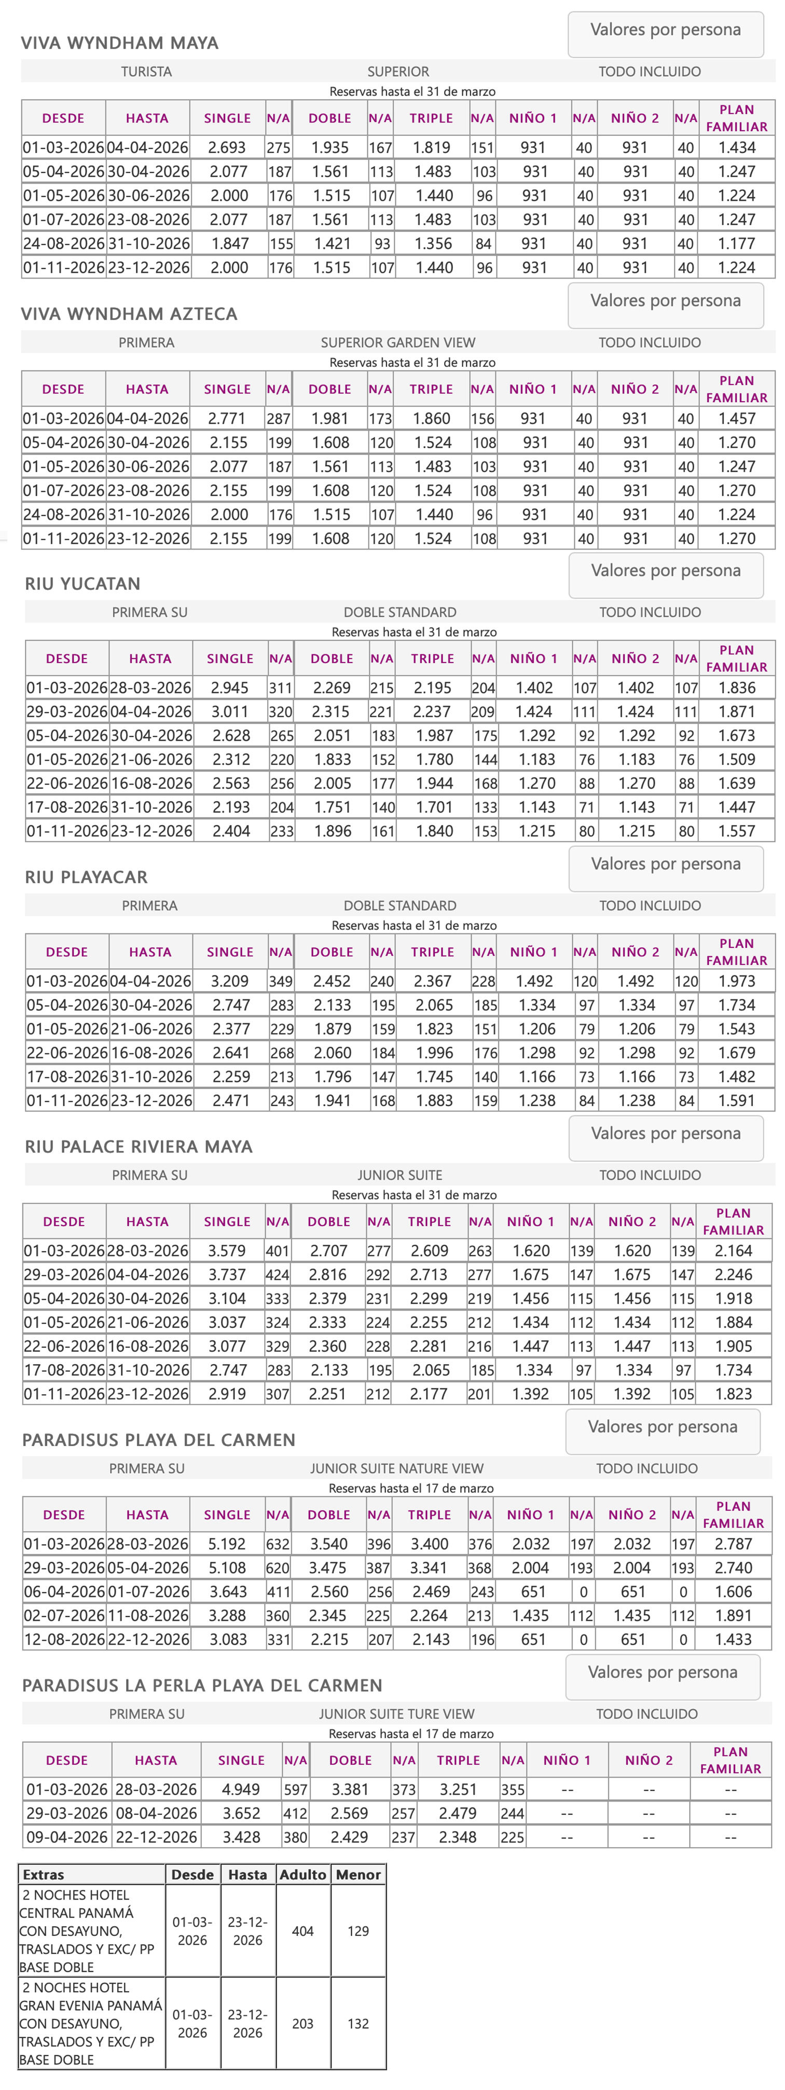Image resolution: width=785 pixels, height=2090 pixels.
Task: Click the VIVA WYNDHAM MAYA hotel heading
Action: (x=119, y=43)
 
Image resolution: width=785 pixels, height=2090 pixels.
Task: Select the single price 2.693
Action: (x=227, y=148)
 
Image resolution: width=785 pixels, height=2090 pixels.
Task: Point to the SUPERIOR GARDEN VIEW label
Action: (x=397, y=342)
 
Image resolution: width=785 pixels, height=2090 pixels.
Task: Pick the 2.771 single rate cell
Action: (x=227, y=419)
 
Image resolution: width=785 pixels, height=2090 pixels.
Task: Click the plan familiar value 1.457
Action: (x=736, y=419)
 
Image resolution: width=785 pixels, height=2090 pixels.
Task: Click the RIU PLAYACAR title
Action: (x=86, y=877)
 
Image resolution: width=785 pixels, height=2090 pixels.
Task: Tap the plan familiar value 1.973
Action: (x=736, y=981)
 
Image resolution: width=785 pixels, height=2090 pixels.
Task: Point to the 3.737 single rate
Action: (x=227, y=1275)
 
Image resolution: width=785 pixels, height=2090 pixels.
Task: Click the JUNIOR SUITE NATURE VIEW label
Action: (x=396, y=1468)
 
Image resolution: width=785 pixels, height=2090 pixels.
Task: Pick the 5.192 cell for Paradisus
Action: (x=227, y=1544)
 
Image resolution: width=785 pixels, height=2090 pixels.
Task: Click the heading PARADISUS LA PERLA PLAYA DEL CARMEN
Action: (x=202, y=1686)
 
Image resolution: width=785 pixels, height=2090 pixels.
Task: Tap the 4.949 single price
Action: (x=241, y=1790)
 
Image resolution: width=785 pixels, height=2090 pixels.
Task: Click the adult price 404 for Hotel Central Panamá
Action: (x=302, y=1931)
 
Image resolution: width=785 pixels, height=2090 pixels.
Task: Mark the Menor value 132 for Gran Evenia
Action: (x=359, y=2024)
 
